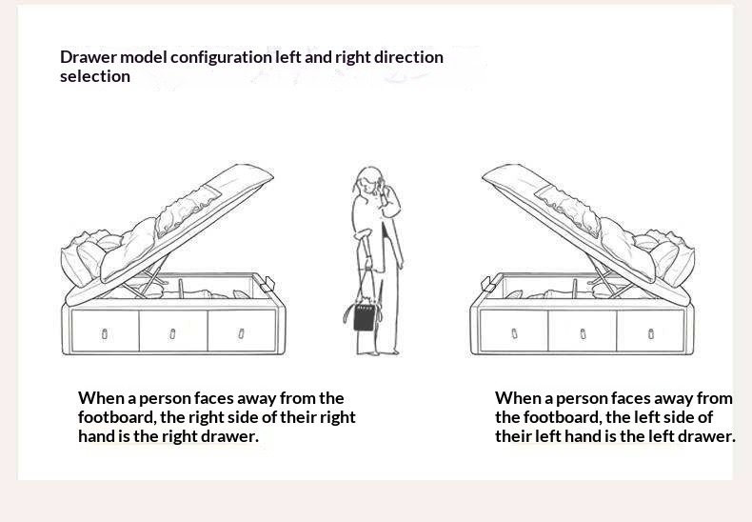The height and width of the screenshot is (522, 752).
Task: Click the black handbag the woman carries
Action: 364,316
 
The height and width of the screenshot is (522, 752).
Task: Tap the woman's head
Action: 369,180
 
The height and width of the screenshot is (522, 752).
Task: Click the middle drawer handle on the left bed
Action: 172,334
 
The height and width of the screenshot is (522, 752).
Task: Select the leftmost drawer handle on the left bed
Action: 105,334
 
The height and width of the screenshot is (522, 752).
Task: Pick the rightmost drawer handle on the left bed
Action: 241,333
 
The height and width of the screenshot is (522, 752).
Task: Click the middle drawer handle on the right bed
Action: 583,334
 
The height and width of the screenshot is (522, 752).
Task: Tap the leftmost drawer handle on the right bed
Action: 514,333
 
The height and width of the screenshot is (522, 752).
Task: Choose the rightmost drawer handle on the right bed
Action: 651,334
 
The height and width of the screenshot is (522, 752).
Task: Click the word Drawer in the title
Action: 89,57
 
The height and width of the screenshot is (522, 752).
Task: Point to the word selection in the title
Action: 95,76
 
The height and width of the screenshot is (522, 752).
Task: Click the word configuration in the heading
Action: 221,57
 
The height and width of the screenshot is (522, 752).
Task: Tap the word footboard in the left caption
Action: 117,417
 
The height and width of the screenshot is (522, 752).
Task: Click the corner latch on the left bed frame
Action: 267,285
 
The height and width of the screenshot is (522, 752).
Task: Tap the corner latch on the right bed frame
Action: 488,285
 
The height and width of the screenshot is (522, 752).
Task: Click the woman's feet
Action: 379,352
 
